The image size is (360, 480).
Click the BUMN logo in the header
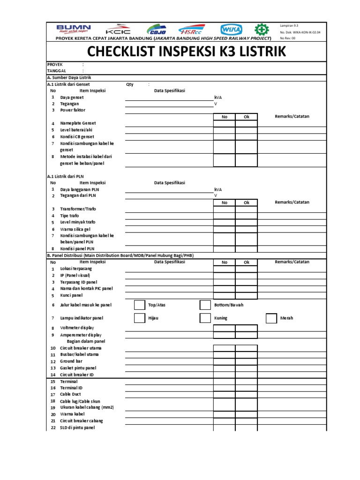click(x=74, y=29)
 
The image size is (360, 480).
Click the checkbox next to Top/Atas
click(x=139, y=305)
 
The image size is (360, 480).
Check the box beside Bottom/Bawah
click(x=205, y=305)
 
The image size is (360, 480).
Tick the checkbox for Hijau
click(x=139, y=318)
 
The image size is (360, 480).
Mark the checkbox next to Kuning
click(x=205, y=318)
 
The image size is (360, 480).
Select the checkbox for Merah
click(x=271, y=318)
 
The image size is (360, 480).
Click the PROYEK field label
click(x=55, y=65)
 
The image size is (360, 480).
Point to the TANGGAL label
click(x=57, y=71)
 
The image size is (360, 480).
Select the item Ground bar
click(x=71, y=361)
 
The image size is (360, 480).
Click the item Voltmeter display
click(x=77, y=328)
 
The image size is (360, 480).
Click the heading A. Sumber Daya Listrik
click(x=70, y=77)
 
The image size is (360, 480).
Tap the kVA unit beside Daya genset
click(x=218, y=97)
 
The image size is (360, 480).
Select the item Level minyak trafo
click(x=78, y=222)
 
